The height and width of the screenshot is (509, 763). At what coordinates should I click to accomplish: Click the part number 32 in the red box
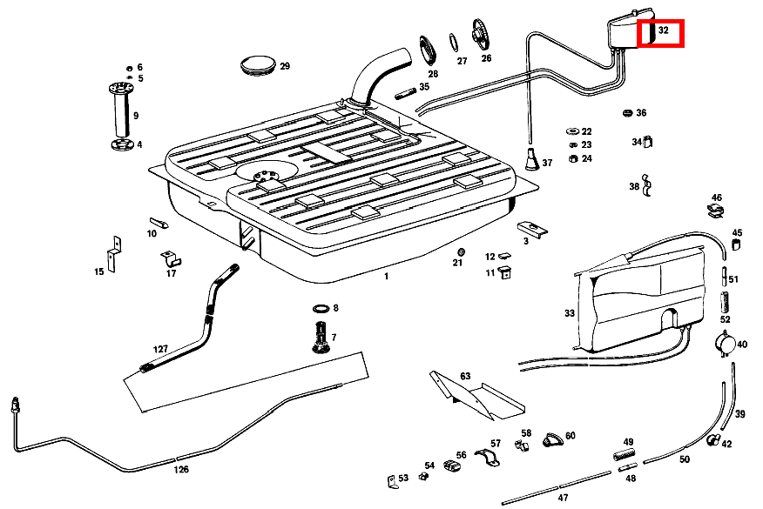(663, 31)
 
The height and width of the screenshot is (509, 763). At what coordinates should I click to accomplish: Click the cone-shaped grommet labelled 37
(531, 160)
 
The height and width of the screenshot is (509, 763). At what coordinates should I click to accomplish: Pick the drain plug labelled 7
(321, 337)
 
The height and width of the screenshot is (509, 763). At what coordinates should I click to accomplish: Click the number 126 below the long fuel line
(180, 469)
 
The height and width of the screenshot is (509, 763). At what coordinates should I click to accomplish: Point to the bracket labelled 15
(113, 253)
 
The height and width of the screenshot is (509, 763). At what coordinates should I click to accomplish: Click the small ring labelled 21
(460, 253)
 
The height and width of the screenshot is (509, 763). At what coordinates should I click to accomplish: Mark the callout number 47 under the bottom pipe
(563, 497)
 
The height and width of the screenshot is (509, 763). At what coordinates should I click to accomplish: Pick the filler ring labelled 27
(455, 43)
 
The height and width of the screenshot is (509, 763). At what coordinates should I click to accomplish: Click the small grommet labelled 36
(627, 113)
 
